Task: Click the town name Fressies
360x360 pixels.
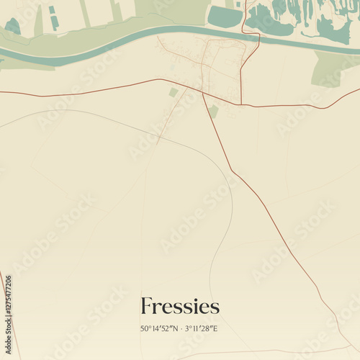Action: [180, 306]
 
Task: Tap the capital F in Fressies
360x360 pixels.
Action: [146, 306]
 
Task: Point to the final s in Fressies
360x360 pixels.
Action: [215, 307]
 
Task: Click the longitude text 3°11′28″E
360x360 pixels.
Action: [201, 329]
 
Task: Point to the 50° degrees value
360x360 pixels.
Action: [146, 329]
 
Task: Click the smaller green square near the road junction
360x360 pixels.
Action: [174, 93]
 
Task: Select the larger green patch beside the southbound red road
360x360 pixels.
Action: [214, 111]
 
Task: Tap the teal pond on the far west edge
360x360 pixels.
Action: [13, 27]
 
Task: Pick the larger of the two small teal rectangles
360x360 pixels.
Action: [55, 22]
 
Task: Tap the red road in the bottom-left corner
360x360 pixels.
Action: [7, 317]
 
